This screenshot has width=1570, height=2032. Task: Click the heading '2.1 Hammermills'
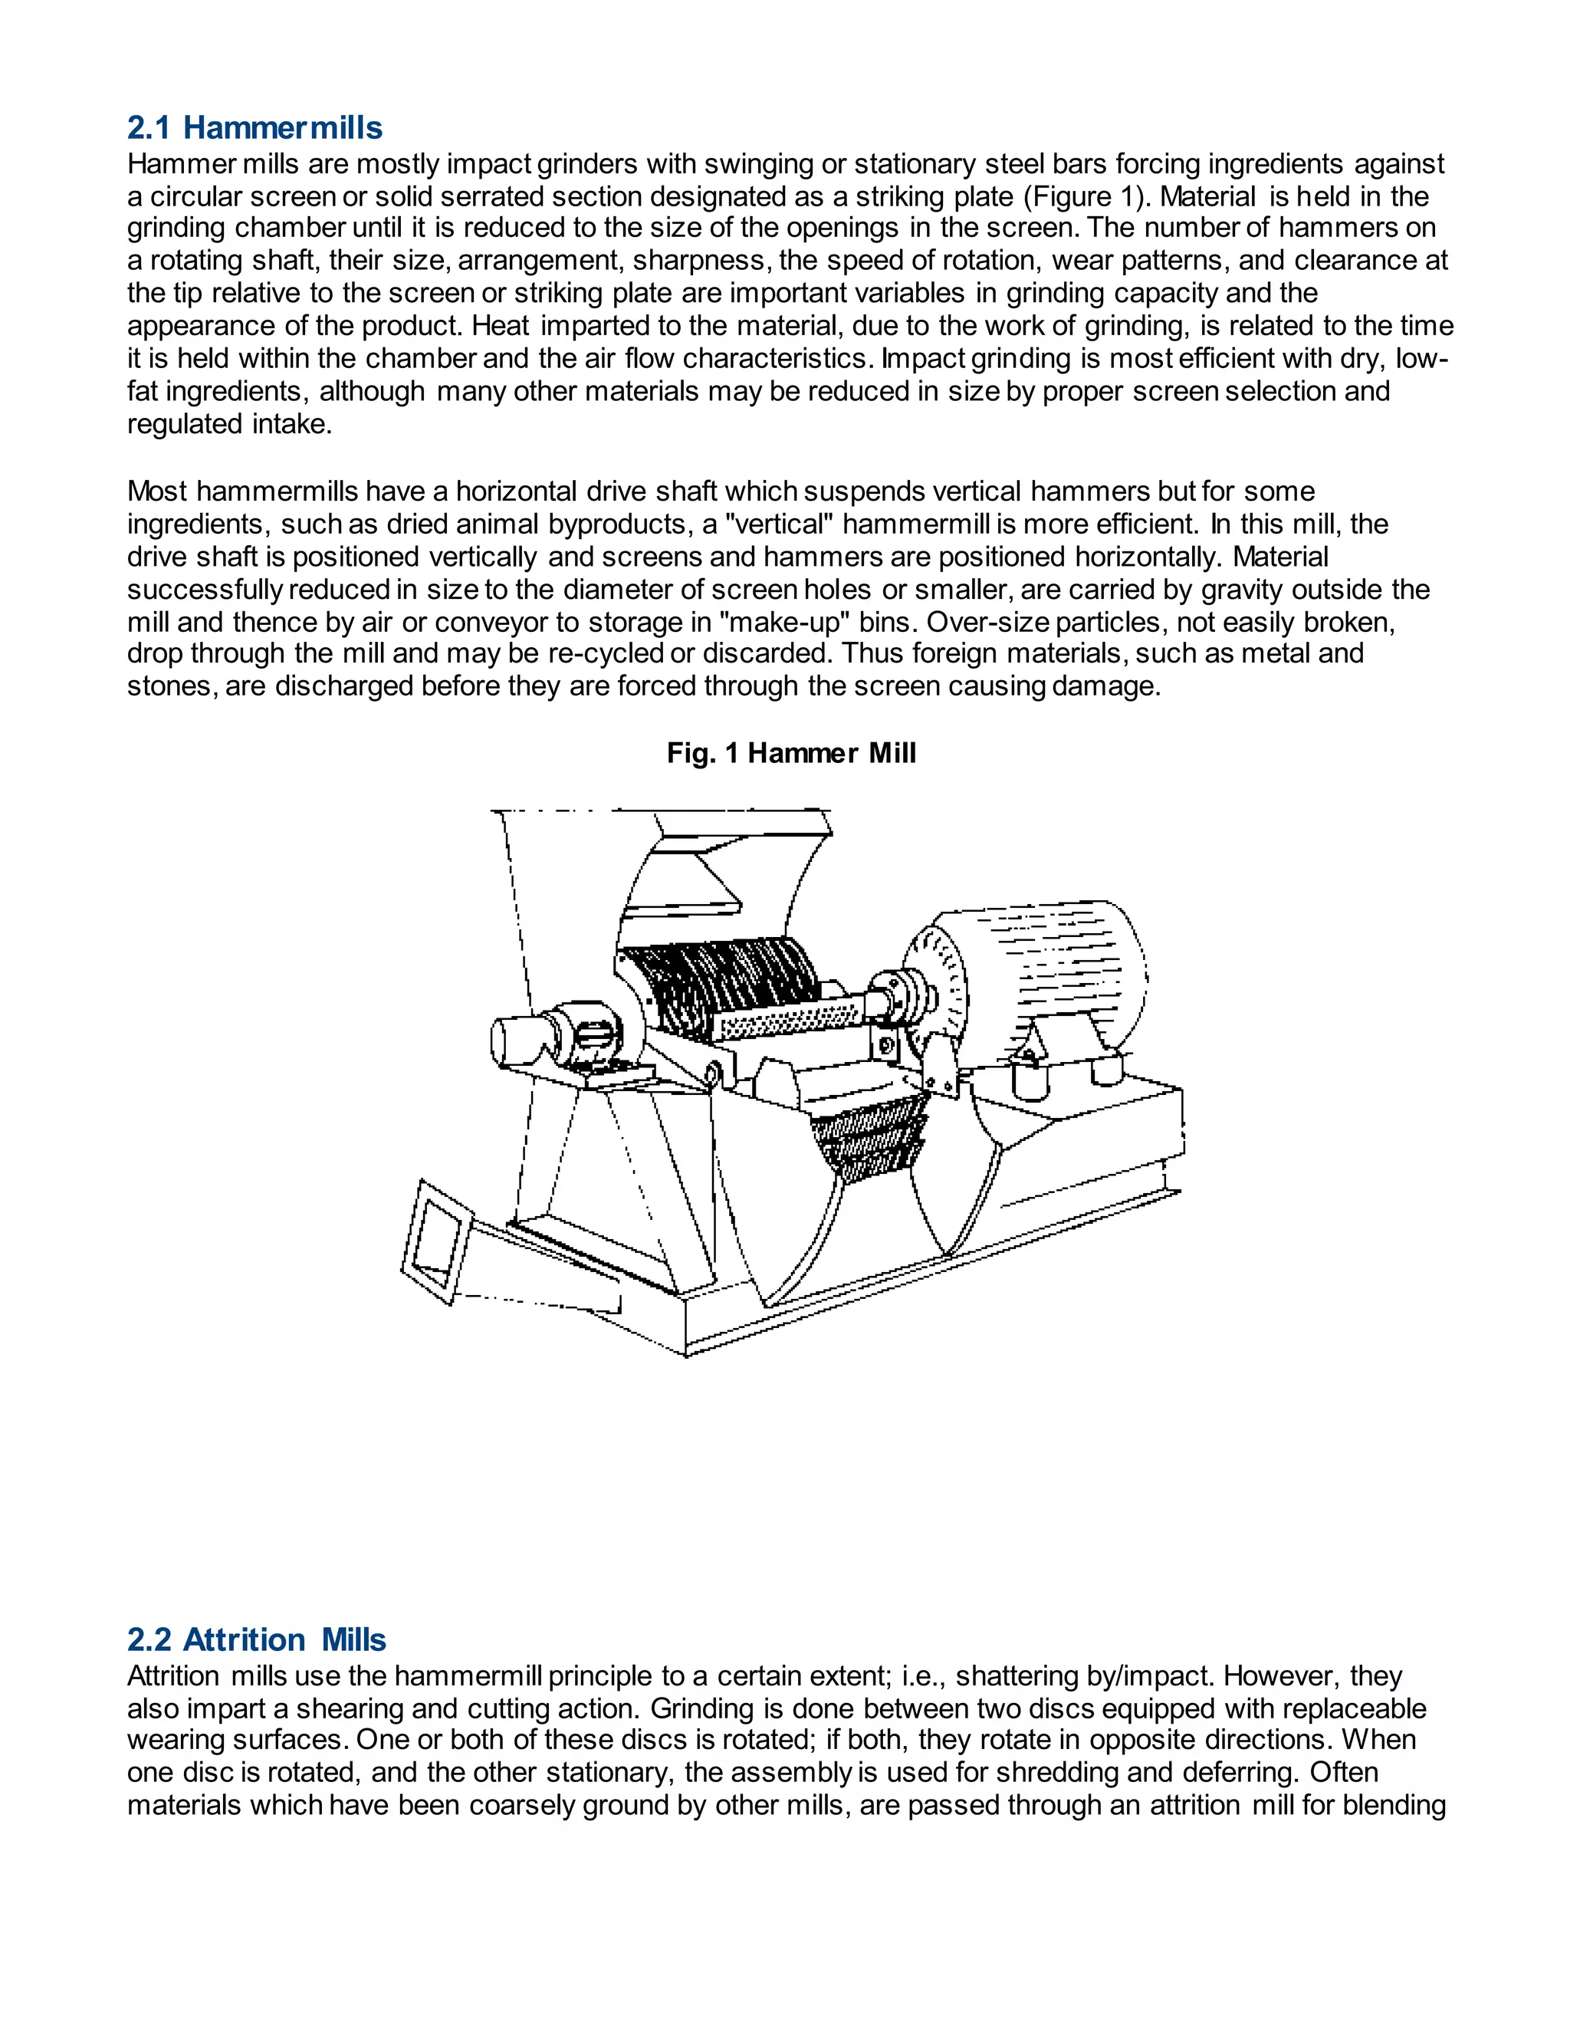click(254, 127)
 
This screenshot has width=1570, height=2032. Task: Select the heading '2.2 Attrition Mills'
click(256, 1639)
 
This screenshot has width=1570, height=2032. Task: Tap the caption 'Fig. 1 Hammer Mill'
click(790, 753)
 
